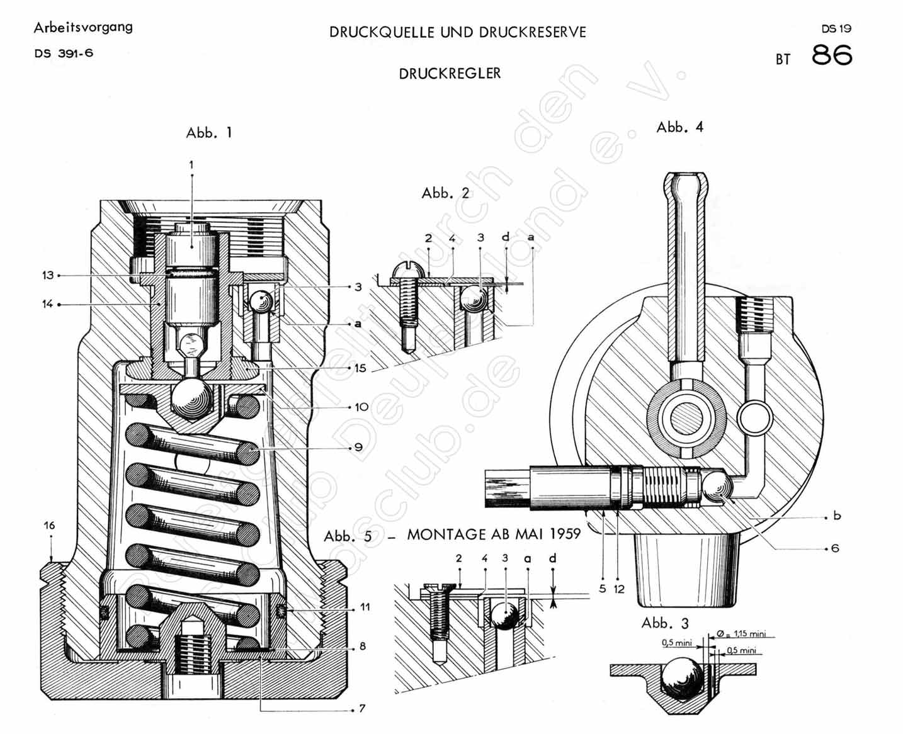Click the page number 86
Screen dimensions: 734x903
pos(831,55)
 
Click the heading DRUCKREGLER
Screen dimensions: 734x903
pos(450,74)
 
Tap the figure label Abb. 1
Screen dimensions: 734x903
pos(209,133)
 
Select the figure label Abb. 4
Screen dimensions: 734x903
pos(679,127)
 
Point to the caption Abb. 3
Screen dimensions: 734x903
pos(665,623)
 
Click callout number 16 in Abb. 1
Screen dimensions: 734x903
pos(49,525)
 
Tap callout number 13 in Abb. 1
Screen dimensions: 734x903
pos(48,275)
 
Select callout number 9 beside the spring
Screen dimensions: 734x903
pos(358,447)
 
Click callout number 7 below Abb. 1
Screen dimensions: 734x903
pos(362,709)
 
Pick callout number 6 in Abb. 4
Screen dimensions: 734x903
pos(835,548)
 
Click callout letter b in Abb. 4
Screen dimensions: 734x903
pos(837,516)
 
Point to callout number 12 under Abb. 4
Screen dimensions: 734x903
pos(619,589)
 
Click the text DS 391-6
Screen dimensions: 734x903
pos(64,54)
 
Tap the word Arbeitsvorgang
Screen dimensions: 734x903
pos(83,27)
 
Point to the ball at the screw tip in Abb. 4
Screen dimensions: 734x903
pos(717,487)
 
